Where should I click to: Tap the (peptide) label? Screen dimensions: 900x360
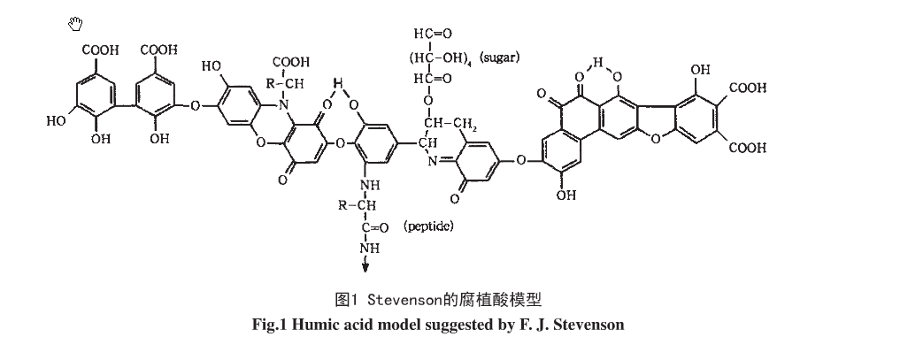428,226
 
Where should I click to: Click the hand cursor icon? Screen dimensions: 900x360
75,23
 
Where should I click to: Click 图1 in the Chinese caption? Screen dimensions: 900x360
345,298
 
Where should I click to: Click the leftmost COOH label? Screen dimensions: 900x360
100,50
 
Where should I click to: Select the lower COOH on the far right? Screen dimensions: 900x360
747,147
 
